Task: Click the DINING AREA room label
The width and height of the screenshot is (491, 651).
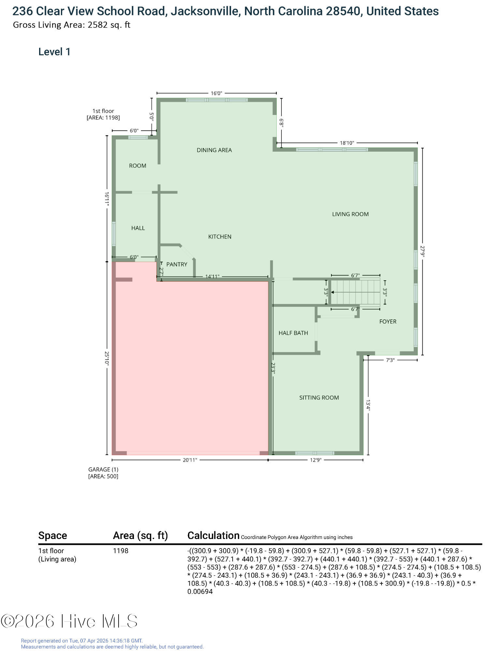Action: [x=214, y=150]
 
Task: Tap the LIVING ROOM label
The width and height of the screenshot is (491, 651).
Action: [x=350, y=214]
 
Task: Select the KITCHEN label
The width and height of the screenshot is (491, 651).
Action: [x=220, y=237]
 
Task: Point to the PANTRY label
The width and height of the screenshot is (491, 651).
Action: [x=177, y=264]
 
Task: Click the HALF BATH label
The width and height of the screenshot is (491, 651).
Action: [x=293, y=333]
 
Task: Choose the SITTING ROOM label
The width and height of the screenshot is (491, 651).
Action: [x=319, y=397]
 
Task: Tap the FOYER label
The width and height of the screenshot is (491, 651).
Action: [x=388, y=322]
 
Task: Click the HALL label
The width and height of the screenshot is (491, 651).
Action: [x=138, y=228]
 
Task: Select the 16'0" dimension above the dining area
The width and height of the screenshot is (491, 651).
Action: [x=216, y=93]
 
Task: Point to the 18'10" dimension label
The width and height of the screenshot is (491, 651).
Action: [x=347, y=143]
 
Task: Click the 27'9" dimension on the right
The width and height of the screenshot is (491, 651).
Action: [x=423, y=251]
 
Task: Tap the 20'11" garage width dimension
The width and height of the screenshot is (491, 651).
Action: [x=190, y=460]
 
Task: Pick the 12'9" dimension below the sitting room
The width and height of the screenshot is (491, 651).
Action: [x=315, y=460]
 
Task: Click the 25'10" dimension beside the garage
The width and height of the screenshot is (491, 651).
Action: [x=107, y=358]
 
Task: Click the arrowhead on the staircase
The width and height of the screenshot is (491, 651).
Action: [x=333, y=293]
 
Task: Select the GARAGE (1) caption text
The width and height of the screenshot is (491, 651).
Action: [x=103, y=469]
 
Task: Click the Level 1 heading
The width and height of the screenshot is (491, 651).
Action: [x=54, y=52]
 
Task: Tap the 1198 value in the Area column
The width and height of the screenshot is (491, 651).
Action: [x=121, y=551]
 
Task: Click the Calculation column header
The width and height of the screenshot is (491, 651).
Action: [x=213, y=535]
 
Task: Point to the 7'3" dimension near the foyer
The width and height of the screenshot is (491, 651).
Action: [x=390, y=360]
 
